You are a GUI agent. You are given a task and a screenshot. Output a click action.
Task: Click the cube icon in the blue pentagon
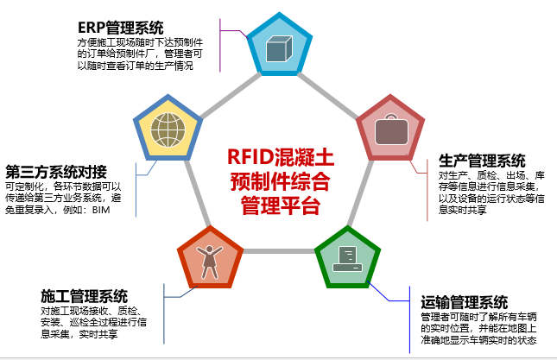coord(279,48)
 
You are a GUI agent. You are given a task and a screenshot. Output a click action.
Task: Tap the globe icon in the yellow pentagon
coord(168,130)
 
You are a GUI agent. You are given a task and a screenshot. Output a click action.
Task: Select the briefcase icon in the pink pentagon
coord(391,129)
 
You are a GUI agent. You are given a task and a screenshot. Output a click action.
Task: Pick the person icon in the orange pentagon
coord(210,262)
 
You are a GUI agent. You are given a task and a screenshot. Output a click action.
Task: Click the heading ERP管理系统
coord(120,28)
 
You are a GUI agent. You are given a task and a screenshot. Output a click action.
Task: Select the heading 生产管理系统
coord(482,161)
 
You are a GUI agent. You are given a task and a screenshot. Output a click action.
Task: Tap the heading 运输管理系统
coord(464,302)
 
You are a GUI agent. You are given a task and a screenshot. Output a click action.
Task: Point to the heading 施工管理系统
coord(84,296)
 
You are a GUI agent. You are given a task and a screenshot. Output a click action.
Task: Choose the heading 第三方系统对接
coord(56,172)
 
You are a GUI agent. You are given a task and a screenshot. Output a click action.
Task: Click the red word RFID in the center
coord(250,156)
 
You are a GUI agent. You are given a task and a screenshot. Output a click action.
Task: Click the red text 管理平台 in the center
coord(281,205)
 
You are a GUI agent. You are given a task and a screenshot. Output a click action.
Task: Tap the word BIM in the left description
coord(101,210)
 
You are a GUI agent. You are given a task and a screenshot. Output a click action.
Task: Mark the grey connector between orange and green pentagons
coord(279,251)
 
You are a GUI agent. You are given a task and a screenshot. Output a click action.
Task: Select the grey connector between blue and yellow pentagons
coord(231,96)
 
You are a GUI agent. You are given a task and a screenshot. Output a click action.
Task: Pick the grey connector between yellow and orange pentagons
coord(198,193)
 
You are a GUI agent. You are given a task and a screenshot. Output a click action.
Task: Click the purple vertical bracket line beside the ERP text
coord(220,46)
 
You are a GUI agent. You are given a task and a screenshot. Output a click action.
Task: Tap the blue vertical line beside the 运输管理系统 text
coord(409,320)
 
